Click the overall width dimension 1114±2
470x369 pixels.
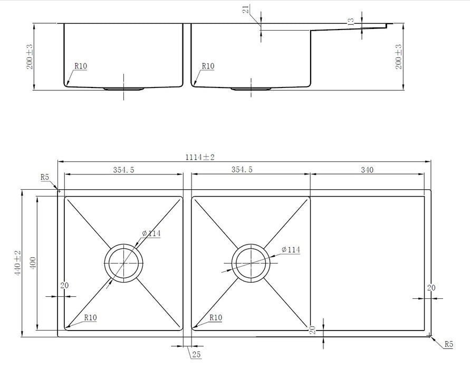200,157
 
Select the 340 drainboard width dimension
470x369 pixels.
367,170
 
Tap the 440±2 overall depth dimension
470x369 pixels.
17,263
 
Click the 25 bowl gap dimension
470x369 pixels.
196,355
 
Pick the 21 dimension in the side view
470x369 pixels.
246,9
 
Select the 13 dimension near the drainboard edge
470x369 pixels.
351,22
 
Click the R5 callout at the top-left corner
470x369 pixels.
45,177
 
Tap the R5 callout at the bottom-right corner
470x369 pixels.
448,344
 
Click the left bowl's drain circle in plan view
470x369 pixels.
123,244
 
